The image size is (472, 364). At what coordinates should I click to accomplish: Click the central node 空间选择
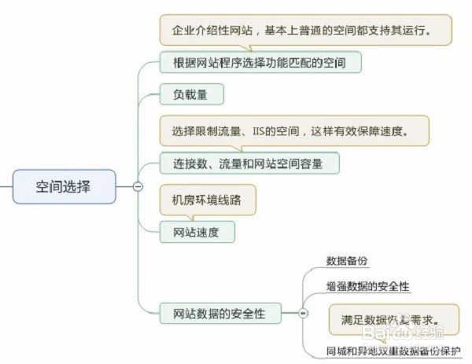[63, 187]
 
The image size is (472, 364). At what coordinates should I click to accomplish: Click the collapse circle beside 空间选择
[138, 187]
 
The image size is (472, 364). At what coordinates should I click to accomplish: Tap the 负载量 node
[192, 95]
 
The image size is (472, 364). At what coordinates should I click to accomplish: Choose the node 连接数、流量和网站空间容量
[249, 163]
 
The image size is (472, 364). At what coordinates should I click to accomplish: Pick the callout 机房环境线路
[208, 199]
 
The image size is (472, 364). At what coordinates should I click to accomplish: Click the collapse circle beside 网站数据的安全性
[302, 313]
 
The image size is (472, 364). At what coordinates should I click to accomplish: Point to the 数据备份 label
[347, 261]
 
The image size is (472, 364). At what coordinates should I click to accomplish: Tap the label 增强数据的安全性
[368, 286]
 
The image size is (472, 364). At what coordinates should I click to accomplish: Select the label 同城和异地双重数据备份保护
[393, 350]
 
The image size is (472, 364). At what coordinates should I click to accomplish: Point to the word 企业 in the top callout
[182, 31]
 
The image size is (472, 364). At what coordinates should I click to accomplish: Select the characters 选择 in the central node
[78, 187]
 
